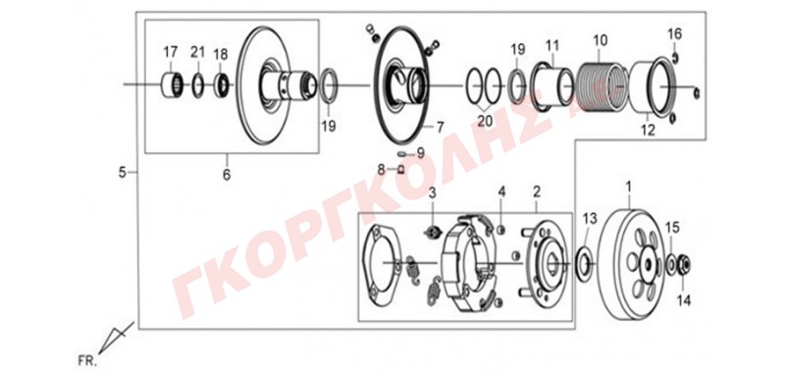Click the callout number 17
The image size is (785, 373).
pos(170,52)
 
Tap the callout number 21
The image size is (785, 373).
pos(198,52)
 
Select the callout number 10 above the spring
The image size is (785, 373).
pos(600,39)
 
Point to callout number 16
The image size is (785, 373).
pos(674,34)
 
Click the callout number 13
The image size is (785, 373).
pos(590,219)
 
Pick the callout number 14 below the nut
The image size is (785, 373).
pos(684,300)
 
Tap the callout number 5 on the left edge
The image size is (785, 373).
pos(122,173)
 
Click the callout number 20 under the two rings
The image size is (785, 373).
pos(485,121)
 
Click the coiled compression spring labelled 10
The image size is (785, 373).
pos(601,85)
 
